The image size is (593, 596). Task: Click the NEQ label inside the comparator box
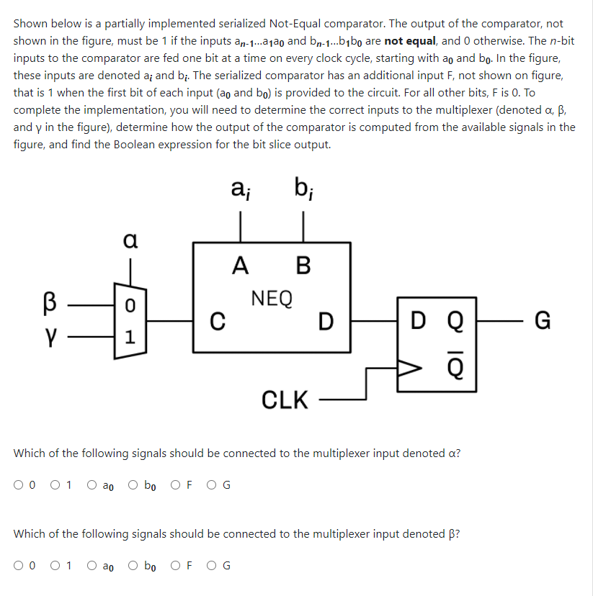[272, 297]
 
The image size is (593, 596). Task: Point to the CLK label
[285, 399]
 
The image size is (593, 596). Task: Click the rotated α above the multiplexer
[130, 239]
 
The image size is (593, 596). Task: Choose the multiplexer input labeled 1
[130, 335]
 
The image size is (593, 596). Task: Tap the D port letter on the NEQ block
[326, 321]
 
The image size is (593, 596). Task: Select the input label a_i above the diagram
[240, 191]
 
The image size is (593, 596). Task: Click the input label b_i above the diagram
[302, 191]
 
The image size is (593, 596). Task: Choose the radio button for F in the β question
[177, 565]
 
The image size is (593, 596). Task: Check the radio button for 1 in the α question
[55, 484]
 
